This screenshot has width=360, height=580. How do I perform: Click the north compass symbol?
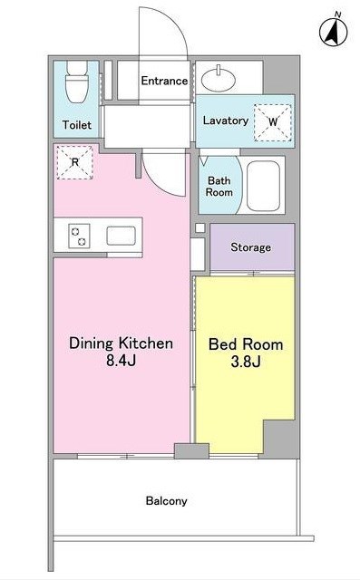coord(334,31)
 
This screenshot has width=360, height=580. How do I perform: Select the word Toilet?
coord(76,125)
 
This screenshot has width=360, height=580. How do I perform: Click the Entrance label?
coord(164,81)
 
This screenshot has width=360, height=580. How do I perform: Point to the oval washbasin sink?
coord(218,79)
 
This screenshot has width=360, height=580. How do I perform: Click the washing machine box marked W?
coord(273,122)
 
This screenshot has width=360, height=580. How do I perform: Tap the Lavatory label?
coord(225,121)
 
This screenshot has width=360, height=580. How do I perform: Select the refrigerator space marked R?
coord(74,162)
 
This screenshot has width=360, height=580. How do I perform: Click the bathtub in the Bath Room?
coord(263,185)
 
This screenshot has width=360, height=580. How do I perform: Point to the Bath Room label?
coord(219,187)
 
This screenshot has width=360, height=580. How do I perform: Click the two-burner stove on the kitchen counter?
coord(79,236)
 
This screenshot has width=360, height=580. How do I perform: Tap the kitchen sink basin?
coord(121,236)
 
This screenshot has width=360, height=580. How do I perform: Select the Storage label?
coord(250,247)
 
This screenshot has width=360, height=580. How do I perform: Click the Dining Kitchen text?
coord(121,343)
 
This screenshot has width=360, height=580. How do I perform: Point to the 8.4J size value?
coord(121,361)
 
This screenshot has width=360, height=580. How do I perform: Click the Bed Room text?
coord(246,344)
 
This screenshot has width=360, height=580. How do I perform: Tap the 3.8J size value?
coord(246,362)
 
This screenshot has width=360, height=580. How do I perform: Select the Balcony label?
coord(166,501)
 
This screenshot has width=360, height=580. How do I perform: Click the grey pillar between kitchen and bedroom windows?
coord(191,451)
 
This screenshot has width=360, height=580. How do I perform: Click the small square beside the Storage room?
coord(199,227)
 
